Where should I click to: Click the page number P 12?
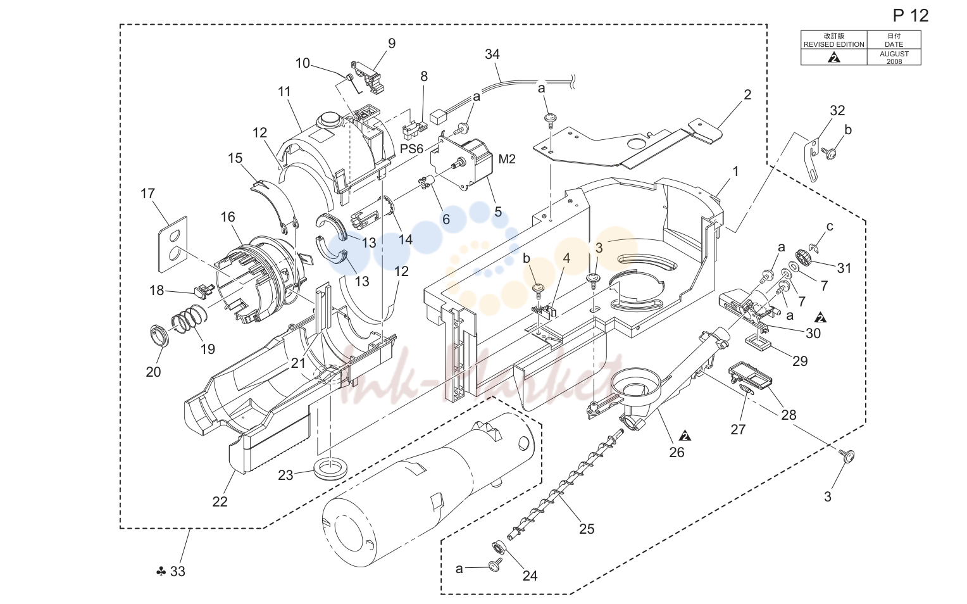[x=911, y=16]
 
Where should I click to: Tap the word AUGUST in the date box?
[x=894, y=54]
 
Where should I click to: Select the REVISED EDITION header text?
[x=833, y=44]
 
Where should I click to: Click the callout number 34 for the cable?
[x=492, y=54]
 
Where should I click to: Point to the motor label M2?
[x=508, y=160]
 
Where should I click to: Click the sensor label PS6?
[x=411, y=149]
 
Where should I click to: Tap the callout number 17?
[x=147, y=193]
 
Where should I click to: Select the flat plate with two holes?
[x=173, y=244]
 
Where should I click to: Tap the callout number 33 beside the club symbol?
[x=177, y=572]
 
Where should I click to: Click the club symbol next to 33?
[x=161, y=572]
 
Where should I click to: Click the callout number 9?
[x=392, y=44]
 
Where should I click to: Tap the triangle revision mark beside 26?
[x=685, y=436]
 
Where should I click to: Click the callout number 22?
[x=220, y=501]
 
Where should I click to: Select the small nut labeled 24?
[x=499, y=548]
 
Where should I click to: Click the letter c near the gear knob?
[x=829, y=227]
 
